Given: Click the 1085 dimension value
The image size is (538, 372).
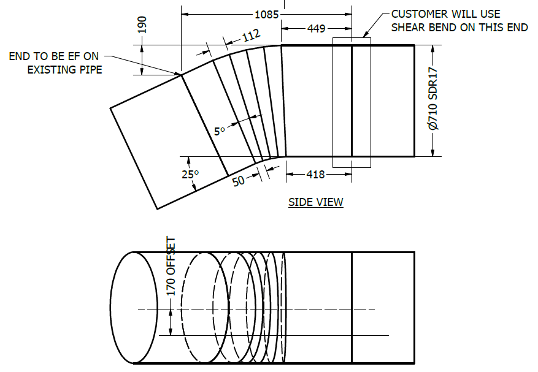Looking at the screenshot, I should click(267, 13).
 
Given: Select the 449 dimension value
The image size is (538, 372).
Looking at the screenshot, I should click(317, 28).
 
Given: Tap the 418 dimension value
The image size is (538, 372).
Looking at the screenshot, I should click(315, 175).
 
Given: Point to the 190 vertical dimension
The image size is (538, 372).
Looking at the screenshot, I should click(142, 25).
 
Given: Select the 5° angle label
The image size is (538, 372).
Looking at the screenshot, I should click(220, 131).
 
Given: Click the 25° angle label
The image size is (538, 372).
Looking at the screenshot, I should click(190, 175).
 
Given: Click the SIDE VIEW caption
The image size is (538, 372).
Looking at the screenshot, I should click(316, 202).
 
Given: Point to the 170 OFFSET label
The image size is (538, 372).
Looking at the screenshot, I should click(171, 266).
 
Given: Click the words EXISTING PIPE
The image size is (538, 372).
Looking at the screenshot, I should click(64, 70).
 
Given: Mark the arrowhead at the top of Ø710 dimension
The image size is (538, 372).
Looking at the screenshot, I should click(433, 48).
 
